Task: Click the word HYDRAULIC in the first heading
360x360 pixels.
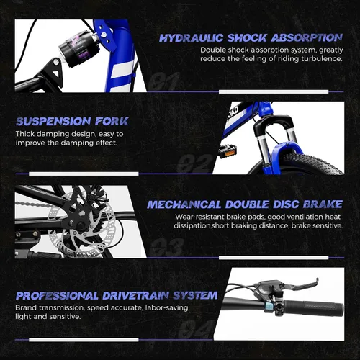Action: tap(192, 38)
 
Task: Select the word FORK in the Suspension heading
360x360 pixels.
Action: tap(112, 122)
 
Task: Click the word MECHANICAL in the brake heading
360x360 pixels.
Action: tap(184, 204)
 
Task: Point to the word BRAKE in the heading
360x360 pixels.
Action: tap(323, 204)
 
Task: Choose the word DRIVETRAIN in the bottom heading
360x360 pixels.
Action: tap(135, 296)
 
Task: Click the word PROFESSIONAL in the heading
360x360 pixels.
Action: tap(57, 296)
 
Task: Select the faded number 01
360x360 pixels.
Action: tap(164, 81)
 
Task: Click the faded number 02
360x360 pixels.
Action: tap(195, 163)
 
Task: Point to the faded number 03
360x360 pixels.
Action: tap(166, 247)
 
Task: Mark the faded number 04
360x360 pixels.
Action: tap(197, 329)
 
